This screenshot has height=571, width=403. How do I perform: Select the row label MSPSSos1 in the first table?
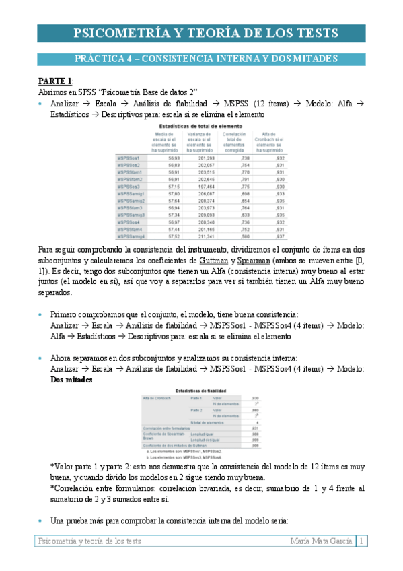(129, 157)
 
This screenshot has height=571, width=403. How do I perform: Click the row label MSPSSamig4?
(131, 236)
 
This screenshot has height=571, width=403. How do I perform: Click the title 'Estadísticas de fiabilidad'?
(201, 391)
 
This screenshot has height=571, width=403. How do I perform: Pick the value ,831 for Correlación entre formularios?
(255, 428)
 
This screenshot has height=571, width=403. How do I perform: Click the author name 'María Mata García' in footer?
(320, 540)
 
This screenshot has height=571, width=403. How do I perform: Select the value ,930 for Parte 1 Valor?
(255, 398)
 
